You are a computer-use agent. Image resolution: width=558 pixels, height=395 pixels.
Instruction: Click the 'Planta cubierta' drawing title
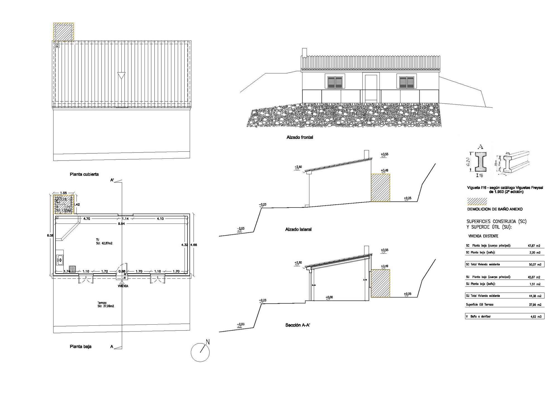[84, 174]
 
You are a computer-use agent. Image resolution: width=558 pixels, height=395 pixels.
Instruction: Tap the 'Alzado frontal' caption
[300, 137]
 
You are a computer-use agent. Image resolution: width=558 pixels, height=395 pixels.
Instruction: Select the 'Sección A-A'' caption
[298, 325]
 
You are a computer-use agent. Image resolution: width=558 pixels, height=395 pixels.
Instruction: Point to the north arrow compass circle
[200, 352]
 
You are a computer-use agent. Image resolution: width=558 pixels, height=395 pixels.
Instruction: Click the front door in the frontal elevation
[371, 87]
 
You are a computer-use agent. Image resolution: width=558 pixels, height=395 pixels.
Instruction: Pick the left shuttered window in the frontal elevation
[335, 82]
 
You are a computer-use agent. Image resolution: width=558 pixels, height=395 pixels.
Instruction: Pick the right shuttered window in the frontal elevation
[407, 82]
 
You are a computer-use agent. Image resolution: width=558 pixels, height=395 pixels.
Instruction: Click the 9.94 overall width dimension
[121, 224]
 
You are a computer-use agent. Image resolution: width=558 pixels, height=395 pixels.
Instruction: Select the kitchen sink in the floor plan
[60, 260]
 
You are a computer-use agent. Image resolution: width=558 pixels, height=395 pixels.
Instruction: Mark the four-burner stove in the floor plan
[72, 269]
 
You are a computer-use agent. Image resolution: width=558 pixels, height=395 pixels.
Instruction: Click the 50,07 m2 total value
[535, 265]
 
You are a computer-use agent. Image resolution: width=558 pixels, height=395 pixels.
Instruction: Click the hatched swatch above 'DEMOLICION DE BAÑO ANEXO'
[477, 201]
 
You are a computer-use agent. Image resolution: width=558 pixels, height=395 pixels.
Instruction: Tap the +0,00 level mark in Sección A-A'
[329, 298]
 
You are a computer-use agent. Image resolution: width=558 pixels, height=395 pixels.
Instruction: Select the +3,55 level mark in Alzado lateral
[384, 154]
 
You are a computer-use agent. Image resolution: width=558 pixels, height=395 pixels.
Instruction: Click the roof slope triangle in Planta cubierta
[121, 76]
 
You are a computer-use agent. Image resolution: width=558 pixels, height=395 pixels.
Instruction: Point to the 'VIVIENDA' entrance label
[123, 286]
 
